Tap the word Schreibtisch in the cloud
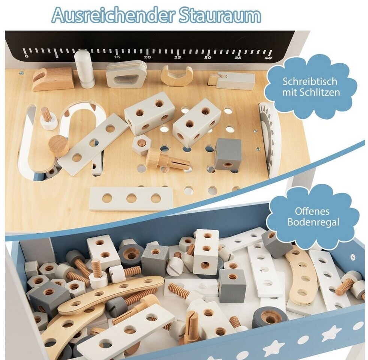pyautogui.click(x=310, y=82)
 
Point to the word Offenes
pyautogui.click(x=312, y=211)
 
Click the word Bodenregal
pyautogui.click(x=313, y=222)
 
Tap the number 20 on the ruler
pyautogui.click(x=147, y=57)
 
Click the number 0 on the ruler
pyautogui.click(x=27, y=56)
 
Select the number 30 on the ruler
pyautogui.click(x=208, y=57)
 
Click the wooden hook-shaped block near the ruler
pyautogui.click(x=53, y=79)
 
